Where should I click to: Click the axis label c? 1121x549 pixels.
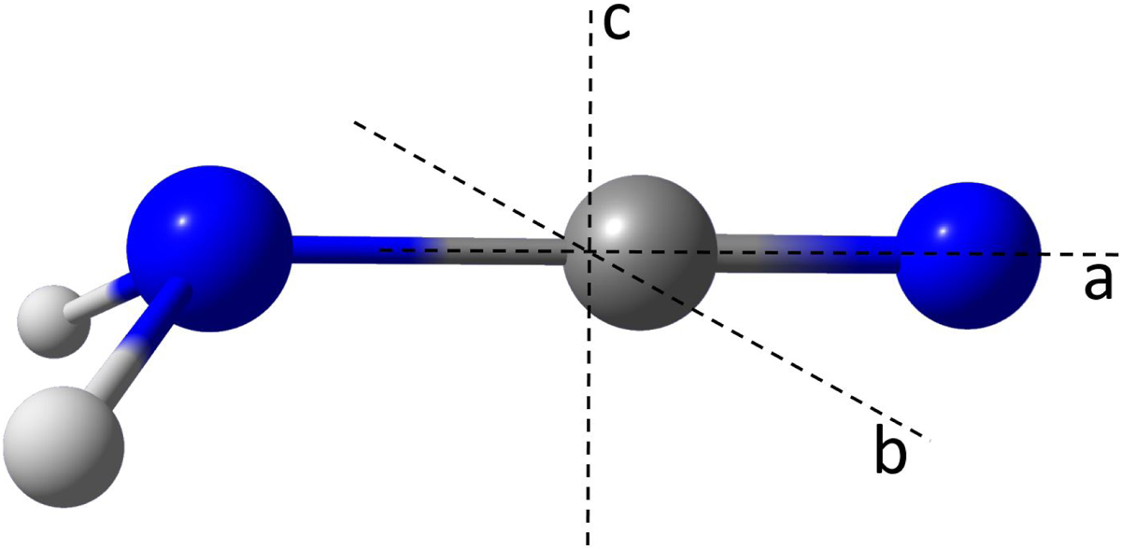[x=617, y=24]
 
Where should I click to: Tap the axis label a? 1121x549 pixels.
[x=1098, y=283]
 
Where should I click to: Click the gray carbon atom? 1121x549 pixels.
[x=640, y=253]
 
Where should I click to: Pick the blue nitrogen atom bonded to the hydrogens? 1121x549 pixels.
[x=209, y=248]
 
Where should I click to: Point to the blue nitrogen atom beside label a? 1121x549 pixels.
[x=968, y=256]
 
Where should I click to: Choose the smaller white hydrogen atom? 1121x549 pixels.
[x=54, y=321]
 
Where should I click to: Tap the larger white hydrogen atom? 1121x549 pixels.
[x=64, y=447]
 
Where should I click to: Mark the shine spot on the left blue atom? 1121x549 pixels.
[x=182, y=221]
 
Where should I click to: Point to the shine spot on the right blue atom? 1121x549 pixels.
[x=943, y=231]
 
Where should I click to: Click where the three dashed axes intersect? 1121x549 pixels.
[x=589, y=251]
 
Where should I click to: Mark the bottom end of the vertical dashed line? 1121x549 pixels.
[x=588, y=544]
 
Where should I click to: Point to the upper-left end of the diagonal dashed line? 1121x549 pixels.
[x=355, y=122]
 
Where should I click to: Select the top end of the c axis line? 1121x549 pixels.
[x=591, y=11]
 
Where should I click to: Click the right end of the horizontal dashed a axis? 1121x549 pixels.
[x=1117, y=255]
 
